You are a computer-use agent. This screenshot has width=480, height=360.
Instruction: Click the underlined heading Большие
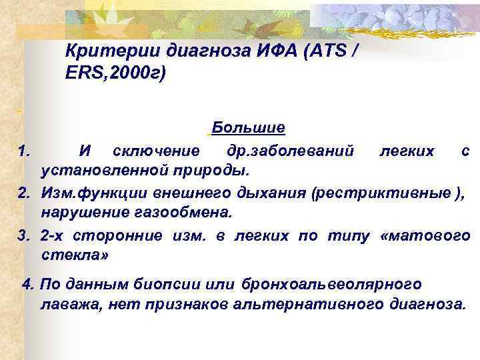[x=249, y=127]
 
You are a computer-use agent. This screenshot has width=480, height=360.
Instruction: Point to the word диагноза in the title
[x=206, y=51]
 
